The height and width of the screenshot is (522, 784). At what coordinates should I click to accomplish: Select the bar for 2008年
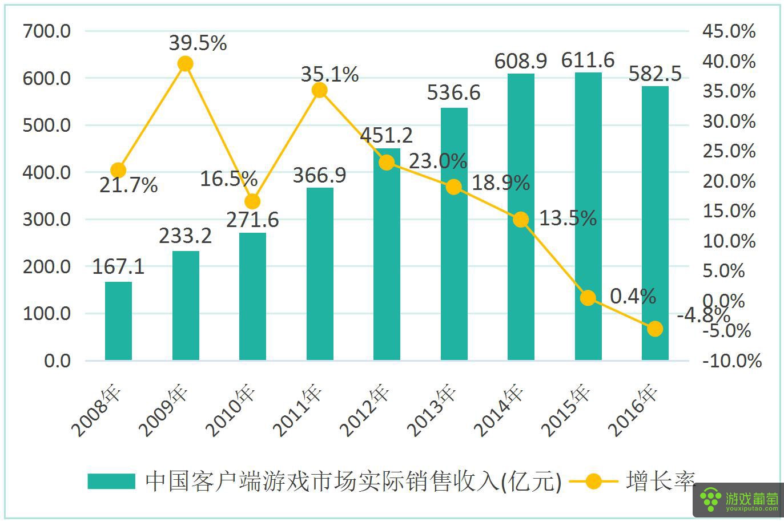[x=118, y=321]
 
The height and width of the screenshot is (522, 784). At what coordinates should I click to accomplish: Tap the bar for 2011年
[x=320, y=274]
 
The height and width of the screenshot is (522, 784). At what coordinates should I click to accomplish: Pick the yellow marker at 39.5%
[x=185, y=63]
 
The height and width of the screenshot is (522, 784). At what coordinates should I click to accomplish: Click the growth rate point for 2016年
[x=655, y=329]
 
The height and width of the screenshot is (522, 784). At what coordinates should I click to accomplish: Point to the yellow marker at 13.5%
[x=521, y=219]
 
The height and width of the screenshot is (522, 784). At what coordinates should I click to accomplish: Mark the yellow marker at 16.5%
[x=252, y=201]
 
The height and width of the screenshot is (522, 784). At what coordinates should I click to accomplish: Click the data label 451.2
[x=386, y=135]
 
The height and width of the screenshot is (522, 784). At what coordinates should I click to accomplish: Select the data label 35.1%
[x=331, y=74]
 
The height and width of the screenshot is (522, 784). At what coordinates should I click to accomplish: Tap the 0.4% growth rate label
[x=633, y=296]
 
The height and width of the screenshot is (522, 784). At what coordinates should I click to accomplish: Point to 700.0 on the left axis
[x=47, y=31]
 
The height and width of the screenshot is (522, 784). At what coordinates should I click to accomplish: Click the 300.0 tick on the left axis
[x=47, y=219]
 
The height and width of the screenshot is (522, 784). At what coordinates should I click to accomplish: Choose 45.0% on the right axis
[x=729, y=31]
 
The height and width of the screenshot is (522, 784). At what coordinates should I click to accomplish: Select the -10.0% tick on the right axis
[x=732, y=361]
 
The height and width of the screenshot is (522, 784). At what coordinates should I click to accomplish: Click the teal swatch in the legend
[x=111, y=481]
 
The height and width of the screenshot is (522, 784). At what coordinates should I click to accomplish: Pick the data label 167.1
[x=118, y=266]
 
